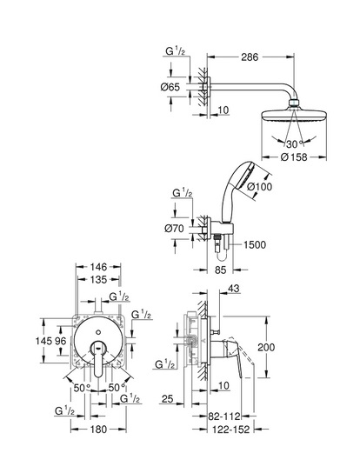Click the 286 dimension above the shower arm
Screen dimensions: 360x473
click(250, 57)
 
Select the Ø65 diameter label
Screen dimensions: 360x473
click(170, 87)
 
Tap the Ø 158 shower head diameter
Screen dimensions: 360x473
click(294, 157)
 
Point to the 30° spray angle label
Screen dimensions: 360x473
click(293, 144)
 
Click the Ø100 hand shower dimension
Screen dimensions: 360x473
click(259, 186)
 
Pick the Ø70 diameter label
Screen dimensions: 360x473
click(174, 229)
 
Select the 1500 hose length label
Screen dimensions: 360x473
click(255, 244)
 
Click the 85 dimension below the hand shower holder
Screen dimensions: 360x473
click(220, 270)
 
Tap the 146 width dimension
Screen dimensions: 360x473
click(98, 267)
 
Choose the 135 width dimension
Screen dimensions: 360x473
click(98, 280)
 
